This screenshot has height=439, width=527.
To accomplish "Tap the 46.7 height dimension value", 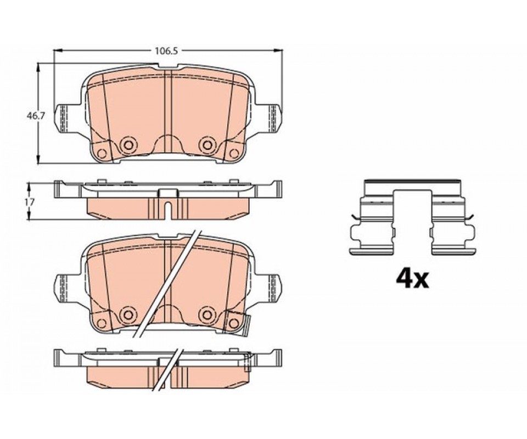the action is (35, 116).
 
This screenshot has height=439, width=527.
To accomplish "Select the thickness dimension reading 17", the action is (30, 202).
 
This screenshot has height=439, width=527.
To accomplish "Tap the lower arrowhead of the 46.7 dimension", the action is (38, 160).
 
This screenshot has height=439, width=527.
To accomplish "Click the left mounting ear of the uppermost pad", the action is (63, 118).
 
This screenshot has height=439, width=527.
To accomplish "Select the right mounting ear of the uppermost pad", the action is (273, 118).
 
